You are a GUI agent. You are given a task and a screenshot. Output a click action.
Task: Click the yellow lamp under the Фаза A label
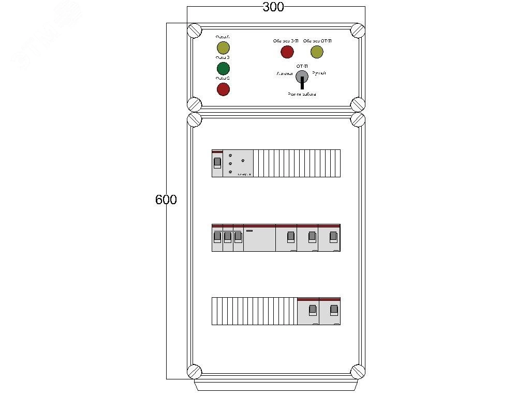(x=223, y=49)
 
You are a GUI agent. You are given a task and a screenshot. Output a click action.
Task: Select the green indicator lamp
(x=223, y=69)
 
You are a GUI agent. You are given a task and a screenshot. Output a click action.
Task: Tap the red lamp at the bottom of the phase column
(x=223, y=89)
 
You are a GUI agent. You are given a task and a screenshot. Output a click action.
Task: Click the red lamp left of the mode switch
(x=287, y=52)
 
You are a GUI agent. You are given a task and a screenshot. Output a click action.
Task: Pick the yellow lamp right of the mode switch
(x=317, y=52)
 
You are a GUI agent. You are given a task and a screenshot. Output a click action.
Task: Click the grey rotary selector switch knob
(x=302, y=77)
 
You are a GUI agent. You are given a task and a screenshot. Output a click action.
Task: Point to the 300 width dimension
(x=273, y=7)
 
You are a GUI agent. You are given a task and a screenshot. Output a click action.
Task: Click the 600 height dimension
(x=166, y=200)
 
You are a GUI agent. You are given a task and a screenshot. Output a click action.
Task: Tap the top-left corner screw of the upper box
(x=195, y=30)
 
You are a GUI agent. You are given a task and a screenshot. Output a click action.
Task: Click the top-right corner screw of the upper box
(x=357, y=30)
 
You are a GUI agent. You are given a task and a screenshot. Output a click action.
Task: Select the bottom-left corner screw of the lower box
(x=194, y=372)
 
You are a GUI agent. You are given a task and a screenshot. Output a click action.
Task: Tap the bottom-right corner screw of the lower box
(x=358, y=372)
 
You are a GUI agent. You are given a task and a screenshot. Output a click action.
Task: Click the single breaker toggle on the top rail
(x=217, y=163)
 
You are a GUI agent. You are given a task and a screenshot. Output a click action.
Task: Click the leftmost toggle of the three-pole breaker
(x=217, y=237)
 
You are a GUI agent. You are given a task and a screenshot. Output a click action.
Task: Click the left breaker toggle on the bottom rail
(x=312, y=310)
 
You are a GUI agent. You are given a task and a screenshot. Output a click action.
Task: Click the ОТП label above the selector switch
(x=302, y=67)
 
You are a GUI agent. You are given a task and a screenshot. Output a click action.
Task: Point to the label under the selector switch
(x=302, y=95)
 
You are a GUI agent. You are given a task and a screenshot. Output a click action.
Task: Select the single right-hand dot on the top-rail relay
(x=243, y=161)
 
